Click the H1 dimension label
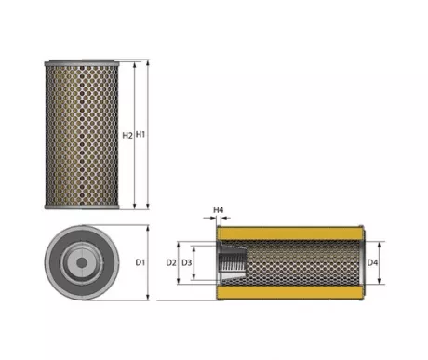tap(140, 135)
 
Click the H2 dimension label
tap(127, 135)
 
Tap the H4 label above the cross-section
tap(219, 210)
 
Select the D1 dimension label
tap(140, 262)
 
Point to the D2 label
tap(171, 263)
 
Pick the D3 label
tap(187, 263)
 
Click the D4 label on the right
tap(372, 263)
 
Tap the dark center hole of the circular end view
tap(82, 263)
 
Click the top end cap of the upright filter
tap(82, 63)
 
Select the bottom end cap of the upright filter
tap(82, 207)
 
